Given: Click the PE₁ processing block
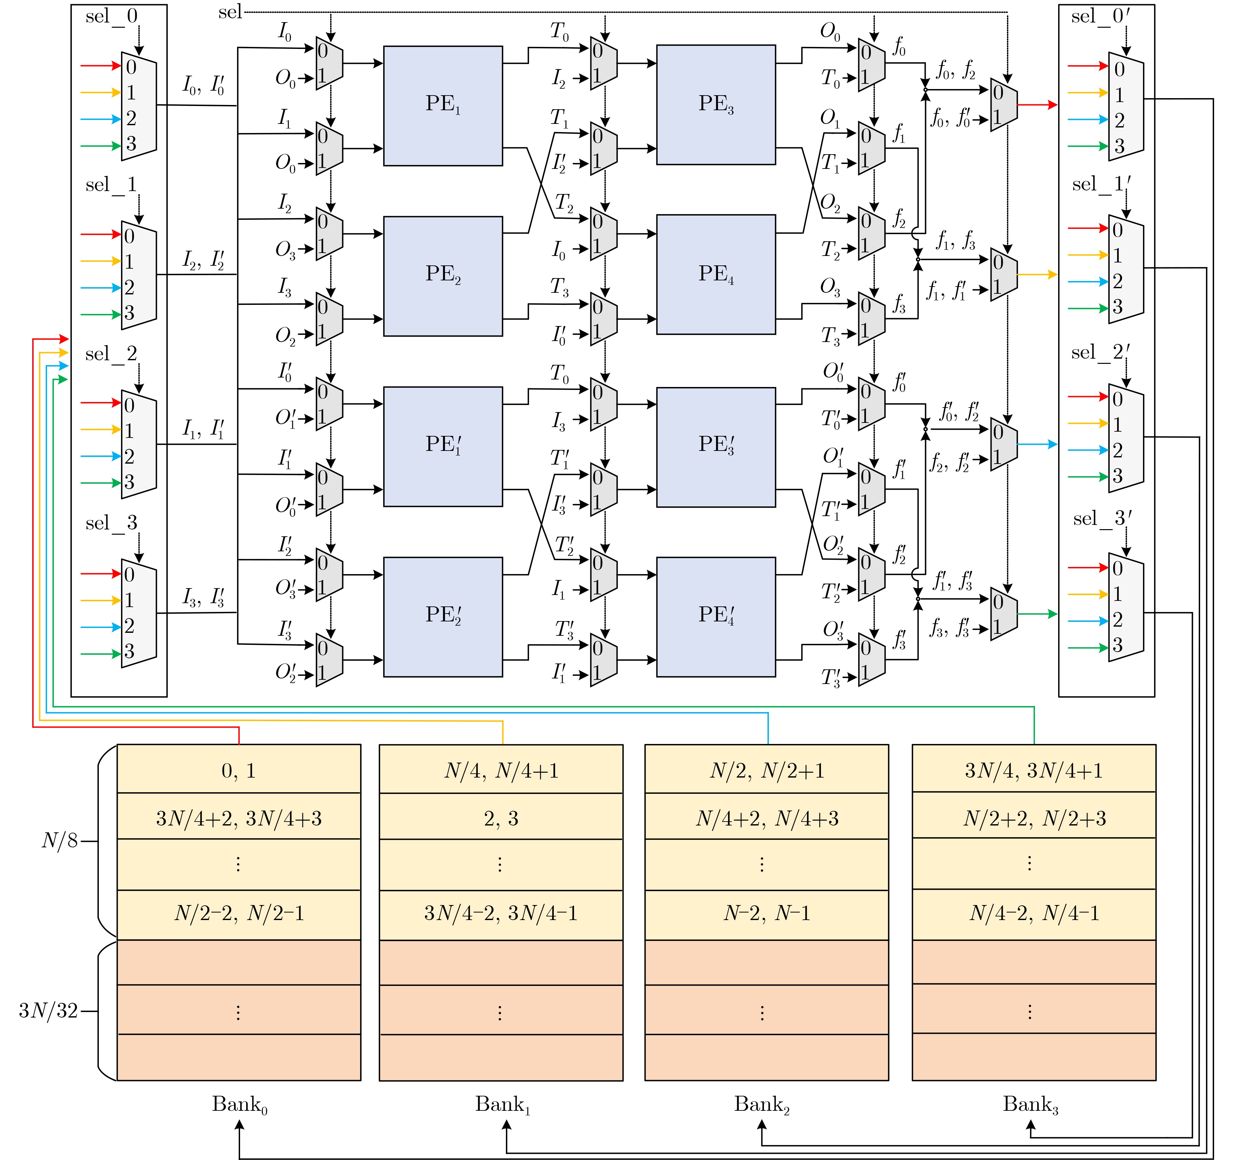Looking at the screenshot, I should (x=443, y=105).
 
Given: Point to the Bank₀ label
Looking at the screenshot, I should (x=239, y=1104).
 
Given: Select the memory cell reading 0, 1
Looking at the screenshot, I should (x=239, y=771).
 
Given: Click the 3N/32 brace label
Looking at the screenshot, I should (x=48, y=1011).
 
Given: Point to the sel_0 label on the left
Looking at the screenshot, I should (x=112, y=16).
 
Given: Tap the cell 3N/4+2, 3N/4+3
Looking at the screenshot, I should (x=239, y=818).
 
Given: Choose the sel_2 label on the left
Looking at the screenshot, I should (x=112, y=354).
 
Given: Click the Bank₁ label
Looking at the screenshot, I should (x=502, y=1104).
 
